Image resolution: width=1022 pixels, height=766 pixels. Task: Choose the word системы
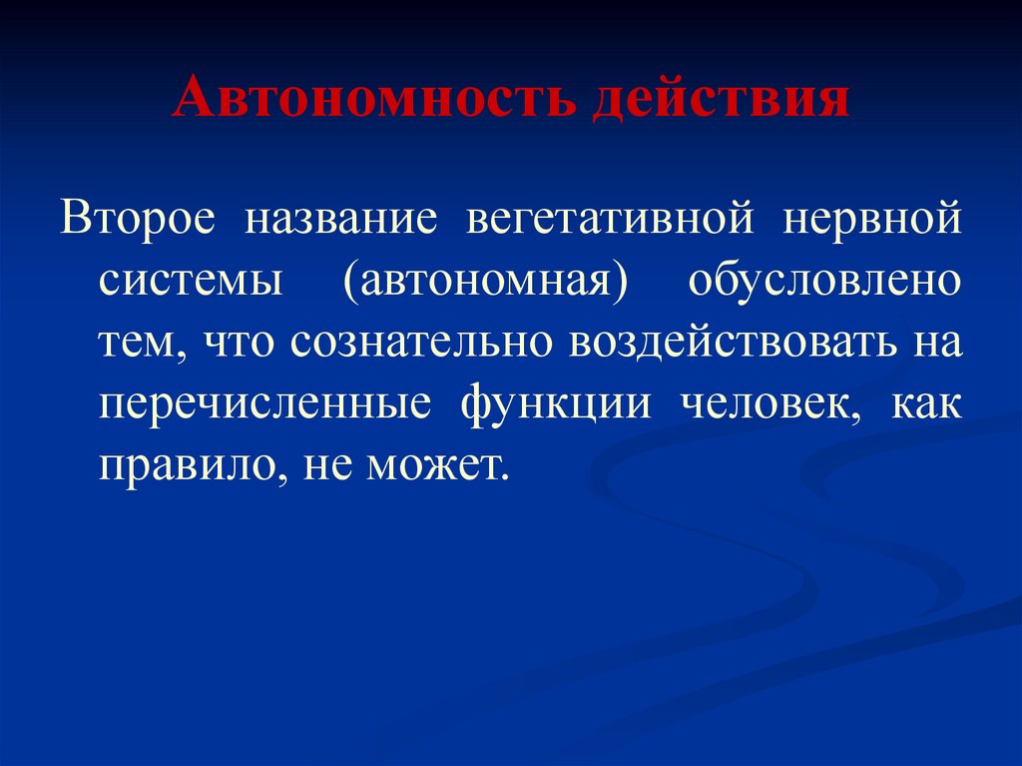tap(189, 282)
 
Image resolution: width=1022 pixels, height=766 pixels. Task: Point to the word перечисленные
tap(266, 406)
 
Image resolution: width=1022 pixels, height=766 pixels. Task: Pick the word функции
tap(544, 406)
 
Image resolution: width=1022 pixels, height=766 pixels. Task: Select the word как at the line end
tap(929, 406)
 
